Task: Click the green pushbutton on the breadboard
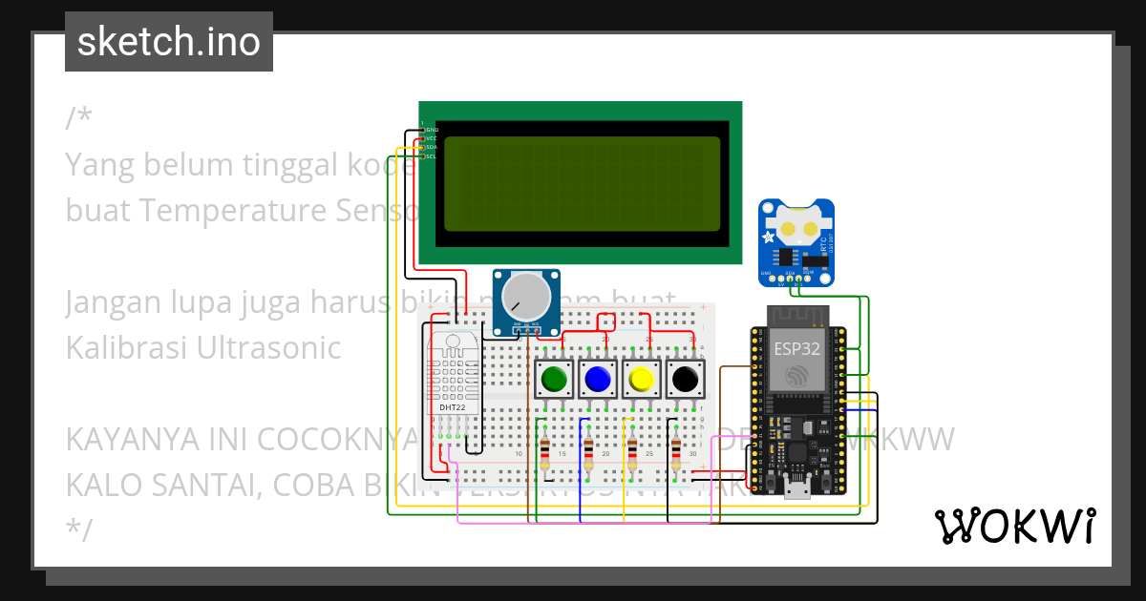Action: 554,380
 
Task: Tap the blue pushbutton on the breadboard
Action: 598,380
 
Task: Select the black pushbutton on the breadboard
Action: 685,380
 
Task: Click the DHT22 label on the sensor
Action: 453,408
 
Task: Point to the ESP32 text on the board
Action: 796,348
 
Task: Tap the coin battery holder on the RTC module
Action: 796,227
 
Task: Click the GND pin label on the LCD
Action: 432,129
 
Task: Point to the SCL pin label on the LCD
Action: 432,156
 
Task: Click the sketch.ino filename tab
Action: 169,42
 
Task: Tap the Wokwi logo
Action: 1014,526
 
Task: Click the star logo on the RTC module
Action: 771,238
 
